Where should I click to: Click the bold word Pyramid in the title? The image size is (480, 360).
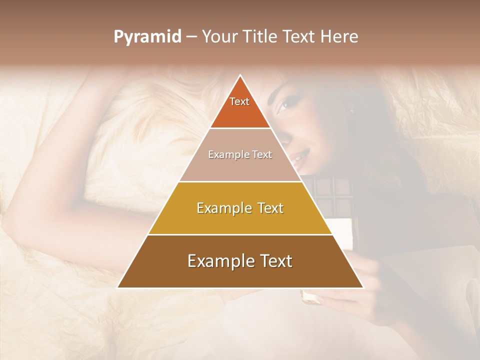(x=147, y=37)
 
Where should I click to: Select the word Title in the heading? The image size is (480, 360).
(x=263, y=37)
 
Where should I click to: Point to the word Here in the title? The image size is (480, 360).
(x=340, y=37)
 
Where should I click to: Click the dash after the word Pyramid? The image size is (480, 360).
(x=191, y=37)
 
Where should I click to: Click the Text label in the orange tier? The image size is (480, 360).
(x=239, y=101)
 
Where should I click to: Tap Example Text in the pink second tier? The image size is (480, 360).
(x=240, y=154)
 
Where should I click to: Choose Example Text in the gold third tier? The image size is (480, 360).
(x=240, y=208)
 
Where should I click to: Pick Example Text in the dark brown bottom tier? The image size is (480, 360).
(x=240, y=261)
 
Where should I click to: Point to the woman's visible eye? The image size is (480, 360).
(x=283, y=104)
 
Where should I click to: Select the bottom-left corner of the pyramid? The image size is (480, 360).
(x=117, y=287)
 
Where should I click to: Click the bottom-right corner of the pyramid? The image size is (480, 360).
(x=363, y=287)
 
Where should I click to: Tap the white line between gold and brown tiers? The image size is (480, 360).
(x=240, y=234)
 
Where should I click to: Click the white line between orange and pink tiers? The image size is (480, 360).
(x=240, y=128)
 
